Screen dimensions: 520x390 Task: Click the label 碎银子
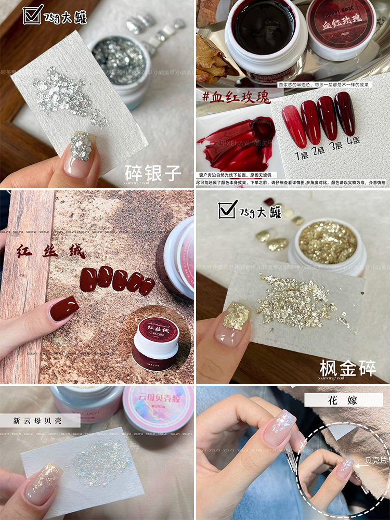tap(153, 173)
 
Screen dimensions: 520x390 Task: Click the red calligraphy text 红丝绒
tap(50, 252)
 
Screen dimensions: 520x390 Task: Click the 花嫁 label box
tap(344, 399)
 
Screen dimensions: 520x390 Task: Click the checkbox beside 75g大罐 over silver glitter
tap(33, 15)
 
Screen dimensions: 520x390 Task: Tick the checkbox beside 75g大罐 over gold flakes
tap(229, 209)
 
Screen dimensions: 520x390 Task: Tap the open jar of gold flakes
tap(328, 244)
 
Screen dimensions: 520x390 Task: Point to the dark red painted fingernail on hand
tap(64, 308)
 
